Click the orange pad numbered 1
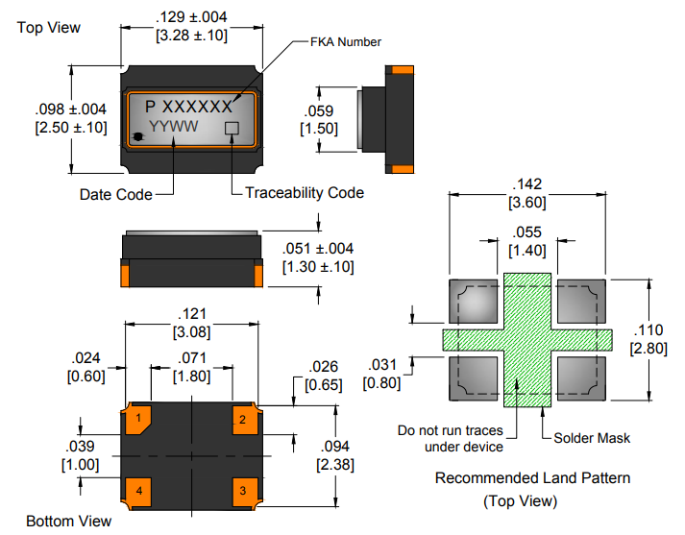140,419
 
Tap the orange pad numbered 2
243,419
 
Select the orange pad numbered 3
243,491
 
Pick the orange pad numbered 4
140,491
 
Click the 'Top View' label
49,27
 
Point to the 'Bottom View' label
68,522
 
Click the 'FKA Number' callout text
346,42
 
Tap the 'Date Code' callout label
115,195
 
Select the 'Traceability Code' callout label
305,193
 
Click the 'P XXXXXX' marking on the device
188,106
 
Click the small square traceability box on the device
232,128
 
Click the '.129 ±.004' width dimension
191,16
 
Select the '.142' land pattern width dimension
528,184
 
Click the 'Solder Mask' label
592,438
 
